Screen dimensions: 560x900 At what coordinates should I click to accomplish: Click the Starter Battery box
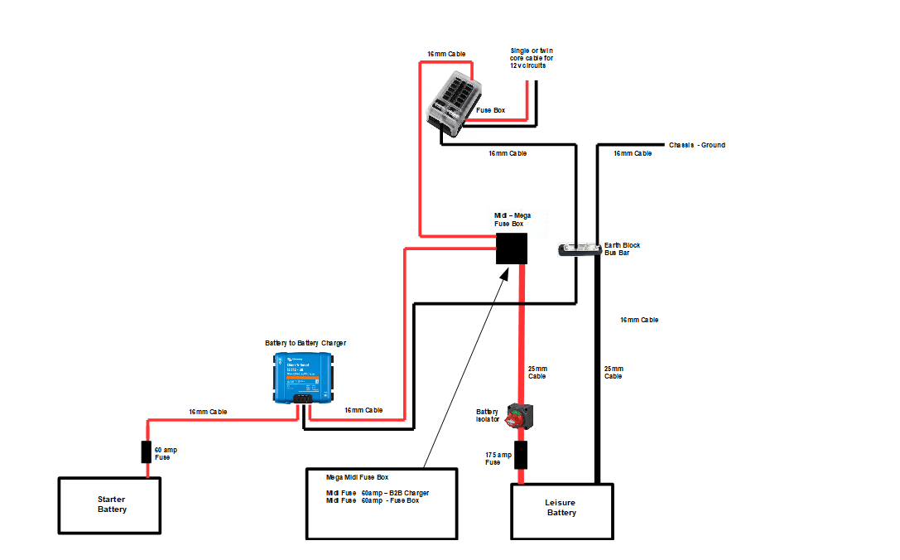(x=112, y=504)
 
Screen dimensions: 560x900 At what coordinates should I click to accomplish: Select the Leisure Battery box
(x=561, y=508)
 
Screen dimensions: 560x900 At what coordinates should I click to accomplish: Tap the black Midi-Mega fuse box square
(x=512, y=249)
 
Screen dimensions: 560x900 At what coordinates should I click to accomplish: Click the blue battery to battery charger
(x=303, y=378)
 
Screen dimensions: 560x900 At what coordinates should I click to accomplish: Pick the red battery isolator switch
(x=520, y=414)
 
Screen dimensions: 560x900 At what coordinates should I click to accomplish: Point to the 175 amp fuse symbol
(x=521, y=456)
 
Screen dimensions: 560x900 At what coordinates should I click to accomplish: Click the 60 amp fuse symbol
(x=147, y=451)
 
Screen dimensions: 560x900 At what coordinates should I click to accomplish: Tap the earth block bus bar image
(x=580, y=249)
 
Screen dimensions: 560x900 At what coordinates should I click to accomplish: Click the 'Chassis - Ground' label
(x=696, y=145)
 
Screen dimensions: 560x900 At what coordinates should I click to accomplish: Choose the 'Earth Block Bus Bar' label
(x=622, y=249)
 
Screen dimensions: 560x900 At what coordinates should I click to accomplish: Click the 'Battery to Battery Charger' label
(x=306, y=343)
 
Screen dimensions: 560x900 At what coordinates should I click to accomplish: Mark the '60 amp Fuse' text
(x=166, y=453)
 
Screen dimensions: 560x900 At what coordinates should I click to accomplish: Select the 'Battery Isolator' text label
(x=488, y=415)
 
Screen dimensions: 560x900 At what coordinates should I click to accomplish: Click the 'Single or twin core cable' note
(x=532, y=58)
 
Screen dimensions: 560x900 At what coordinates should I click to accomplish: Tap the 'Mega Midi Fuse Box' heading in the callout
(x=358, y=477)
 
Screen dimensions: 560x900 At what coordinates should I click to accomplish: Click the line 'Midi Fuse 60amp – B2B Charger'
(x=378, y=493)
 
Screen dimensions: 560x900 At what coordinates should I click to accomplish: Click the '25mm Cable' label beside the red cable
(x=537, y=372)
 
